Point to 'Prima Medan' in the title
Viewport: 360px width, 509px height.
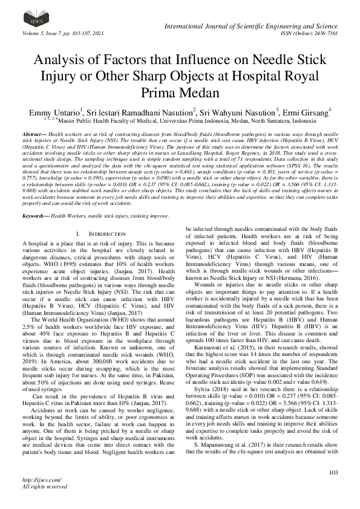coord(180,92)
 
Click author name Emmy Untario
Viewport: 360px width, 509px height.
coord(52,112)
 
